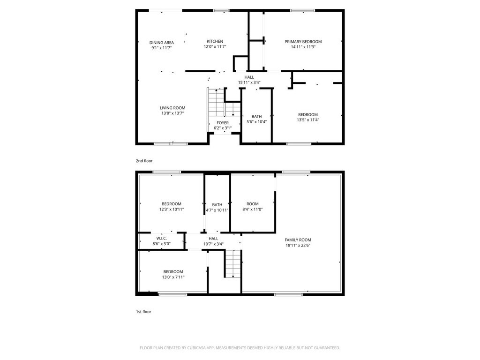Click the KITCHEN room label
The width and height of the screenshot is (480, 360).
pos(215,41)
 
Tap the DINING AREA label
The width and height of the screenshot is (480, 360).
pos(162,43)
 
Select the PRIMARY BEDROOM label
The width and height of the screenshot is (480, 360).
pos(303,42)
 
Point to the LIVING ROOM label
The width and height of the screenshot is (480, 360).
pos(172,108)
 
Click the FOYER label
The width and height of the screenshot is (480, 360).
pos(223,123)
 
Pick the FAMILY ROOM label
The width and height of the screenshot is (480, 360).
pos(298,240)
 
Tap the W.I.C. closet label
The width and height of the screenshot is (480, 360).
pos(162,239)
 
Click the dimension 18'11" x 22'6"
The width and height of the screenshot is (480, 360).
pos(298,245)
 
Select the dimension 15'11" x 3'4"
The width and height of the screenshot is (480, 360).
pos(249,82)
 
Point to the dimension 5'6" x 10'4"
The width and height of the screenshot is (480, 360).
pos(256,121)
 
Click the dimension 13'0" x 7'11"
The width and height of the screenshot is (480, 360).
pos(173,277)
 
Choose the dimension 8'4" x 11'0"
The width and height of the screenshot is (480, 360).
pos(253,210)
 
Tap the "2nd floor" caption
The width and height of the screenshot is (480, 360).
pos(144,161)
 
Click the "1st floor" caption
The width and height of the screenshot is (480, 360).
pos(143,312)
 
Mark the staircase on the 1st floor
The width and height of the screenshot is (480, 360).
pos(233,264)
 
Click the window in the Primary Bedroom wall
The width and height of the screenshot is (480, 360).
pos(302,11)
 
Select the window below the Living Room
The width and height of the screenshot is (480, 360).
pos(171,143)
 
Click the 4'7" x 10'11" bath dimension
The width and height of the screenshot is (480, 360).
pos(217,210)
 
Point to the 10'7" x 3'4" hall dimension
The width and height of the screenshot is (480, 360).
pos(213,244)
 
